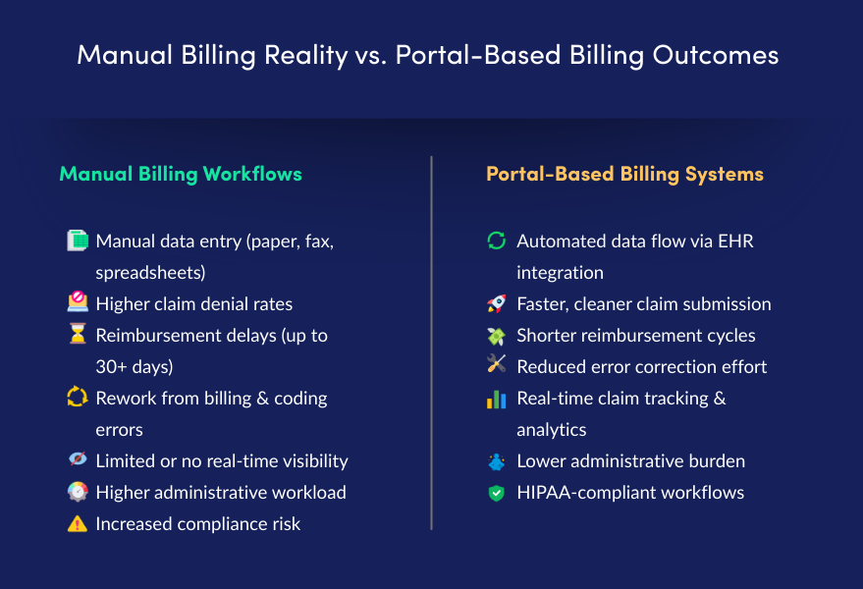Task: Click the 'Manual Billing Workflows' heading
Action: pos(181,175)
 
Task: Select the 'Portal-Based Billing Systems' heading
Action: pos(624,175)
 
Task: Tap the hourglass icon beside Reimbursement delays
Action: pos(77,335)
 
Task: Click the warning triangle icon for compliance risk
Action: pos(77,523)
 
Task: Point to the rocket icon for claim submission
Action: pos(497,304)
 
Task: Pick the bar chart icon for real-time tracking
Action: pos(497,399)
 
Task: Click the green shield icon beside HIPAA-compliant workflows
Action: pos(497,493)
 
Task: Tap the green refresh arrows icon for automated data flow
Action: pos(497,241)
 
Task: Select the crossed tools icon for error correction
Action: pos(497,366)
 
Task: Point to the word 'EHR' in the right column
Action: pos(734,241)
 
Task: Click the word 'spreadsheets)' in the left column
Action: pos(150,272)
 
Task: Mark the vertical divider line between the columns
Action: pos(431,344)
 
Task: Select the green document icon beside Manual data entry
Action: pos(77,241)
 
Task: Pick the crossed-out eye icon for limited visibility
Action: pos(77,460)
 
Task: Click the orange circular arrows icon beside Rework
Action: pos(77,398)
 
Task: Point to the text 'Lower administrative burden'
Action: pos(630,461)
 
